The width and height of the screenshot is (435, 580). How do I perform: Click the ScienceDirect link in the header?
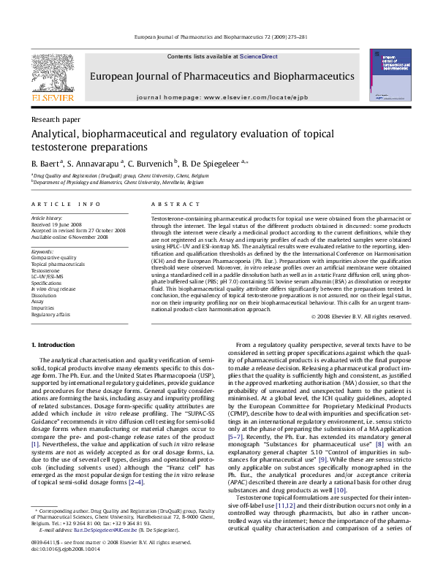258,56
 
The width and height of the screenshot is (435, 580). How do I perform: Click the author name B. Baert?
45,163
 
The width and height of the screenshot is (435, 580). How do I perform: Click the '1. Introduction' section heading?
55,343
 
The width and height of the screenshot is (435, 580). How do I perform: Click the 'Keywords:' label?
43,251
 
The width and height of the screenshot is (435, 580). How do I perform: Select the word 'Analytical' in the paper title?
56,134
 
